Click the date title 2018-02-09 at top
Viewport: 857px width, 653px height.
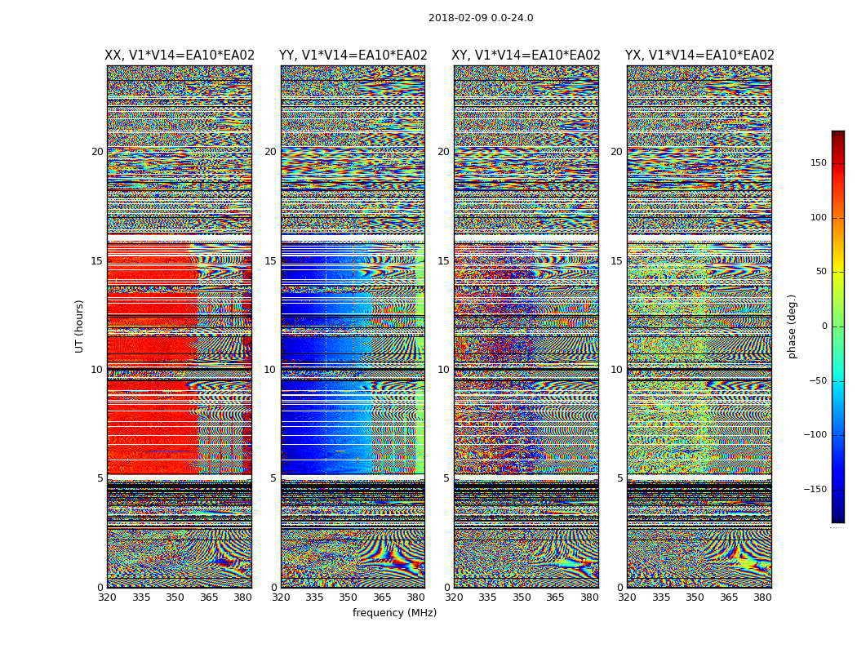coord(481,18)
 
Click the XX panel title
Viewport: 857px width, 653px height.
coord(180,56)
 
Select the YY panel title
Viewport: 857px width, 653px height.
coord(353,56)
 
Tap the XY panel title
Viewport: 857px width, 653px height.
coord(526,56)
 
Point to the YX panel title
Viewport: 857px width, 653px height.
coord(699,56)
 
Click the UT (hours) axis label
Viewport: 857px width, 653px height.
coord(79,326)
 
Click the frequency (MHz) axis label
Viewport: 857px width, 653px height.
coord(394,613)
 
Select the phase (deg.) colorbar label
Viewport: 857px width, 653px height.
coord(792,326)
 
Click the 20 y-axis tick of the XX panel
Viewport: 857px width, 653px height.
coord(97,152)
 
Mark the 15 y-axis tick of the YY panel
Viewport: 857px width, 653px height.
coord(270,261)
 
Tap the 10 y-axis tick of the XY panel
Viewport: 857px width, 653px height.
coord(443,370)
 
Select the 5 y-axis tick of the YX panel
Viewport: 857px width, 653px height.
coord(619,478)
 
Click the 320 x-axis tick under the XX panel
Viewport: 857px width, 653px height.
coord(107,597)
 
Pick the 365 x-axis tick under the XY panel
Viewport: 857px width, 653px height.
coord(555,597)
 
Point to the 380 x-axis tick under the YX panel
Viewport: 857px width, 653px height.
coord(762,597)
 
